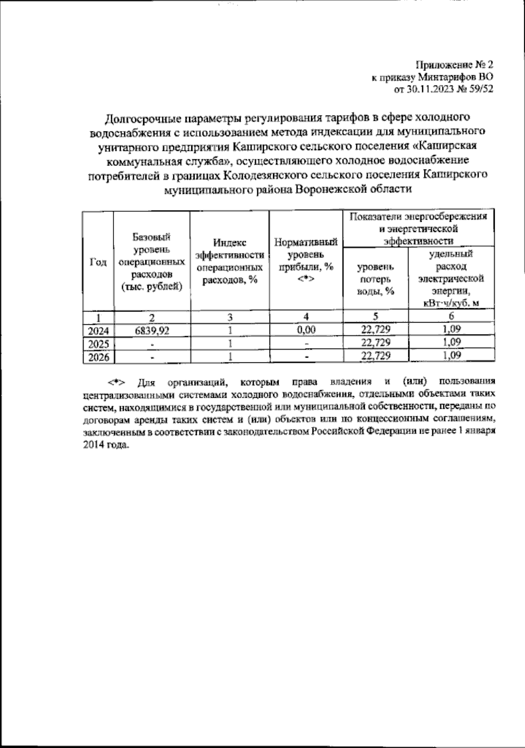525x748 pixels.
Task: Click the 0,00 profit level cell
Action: [306, 330]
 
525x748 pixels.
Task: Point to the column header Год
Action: [98, 262]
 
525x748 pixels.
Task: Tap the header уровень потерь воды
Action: [376, 278]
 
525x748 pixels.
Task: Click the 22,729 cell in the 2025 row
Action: [376, 343]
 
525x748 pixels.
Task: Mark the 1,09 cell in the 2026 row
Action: [451, 356]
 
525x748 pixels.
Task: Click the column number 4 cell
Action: [307, 317]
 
